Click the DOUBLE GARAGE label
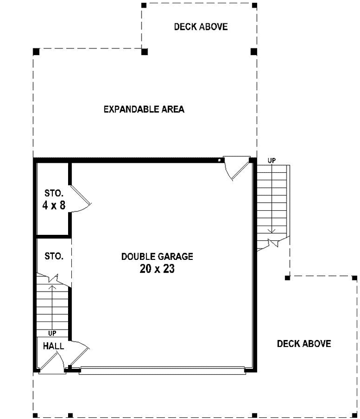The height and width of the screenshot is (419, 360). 157,256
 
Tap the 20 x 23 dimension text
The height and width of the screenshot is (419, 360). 157,269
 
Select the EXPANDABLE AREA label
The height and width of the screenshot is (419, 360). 144,109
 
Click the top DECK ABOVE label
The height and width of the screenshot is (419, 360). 200,27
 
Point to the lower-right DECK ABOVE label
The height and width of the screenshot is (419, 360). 303,343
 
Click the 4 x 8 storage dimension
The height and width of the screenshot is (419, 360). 53,205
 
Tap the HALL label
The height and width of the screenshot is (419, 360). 53,346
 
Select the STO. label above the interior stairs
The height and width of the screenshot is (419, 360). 54,256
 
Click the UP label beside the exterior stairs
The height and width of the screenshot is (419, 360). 272,161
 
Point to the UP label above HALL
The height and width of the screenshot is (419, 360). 52,333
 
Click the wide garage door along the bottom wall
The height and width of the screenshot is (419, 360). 162,372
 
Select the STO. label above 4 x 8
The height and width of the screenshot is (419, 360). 54,193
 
